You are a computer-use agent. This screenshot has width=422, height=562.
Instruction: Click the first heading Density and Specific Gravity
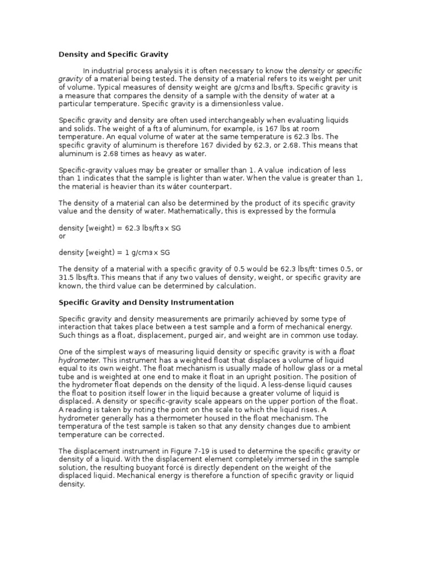pos(113,54)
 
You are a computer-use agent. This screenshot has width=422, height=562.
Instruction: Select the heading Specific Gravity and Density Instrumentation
pos(146,302)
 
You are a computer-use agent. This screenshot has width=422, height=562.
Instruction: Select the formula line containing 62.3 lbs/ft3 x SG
pos(120,228)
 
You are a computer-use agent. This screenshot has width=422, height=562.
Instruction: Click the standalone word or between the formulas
pos(62,237)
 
